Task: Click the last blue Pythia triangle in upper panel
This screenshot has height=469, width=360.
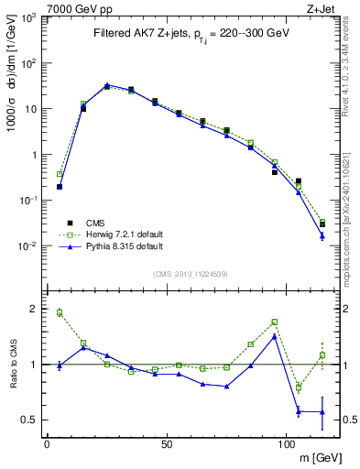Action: (x=322, y=235)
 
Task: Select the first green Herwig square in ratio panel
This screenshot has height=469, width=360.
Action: (x=60, y=312)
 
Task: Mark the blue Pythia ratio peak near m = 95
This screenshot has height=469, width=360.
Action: (x=274, y=336)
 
